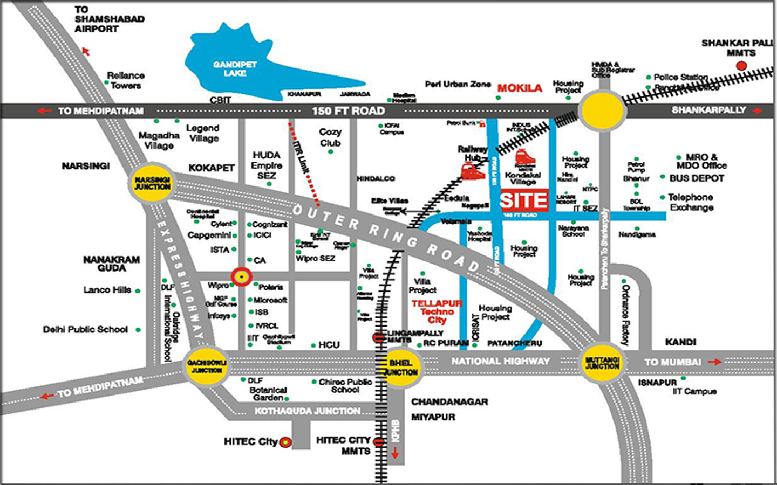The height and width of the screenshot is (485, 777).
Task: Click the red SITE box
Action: tap(524, 200)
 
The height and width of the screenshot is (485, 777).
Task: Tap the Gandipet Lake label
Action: tap(235, 68)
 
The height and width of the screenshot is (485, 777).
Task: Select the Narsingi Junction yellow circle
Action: tap(152, 183)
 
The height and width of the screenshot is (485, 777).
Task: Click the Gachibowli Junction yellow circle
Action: tap(207, 366)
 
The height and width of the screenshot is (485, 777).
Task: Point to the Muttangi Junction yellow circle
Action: tap(602, 363)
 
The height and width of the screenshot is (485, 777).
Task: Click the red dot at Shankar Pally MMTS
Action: tap(741, 66)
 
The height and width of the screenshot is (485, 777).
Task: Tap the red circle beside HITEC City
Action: tap(285, 442)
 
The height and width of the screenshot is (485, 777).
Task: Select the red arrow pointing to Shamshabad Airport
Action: tap(85, 51)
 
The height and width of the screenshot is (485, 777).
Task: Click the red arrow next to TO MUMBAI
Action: tap(715, 362)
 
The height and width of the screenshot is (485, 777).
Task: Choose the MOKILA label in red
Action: tap(520, 88)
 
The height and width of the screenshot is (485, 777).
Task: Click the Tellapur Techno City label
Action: tap(437, 311)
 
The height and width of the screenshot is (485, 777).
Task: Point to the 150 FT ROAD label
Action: tap(348, 111)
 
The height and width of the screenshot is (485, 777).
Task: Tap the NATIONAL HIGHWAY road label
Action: tap(500, 361)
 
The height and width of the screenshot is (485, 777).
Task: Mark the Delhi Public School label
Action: tap(85, 329)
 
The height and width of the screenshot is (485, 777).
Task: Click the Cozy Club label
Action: tap(330, 137)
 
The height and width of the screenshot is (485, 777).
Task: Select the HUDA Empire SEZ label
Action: tap(267, 165)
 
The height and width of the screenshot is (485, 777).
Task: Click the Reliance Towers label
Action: tap(125, 80)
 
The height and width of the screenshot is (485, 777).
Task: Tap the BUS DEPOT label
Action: tap(697, 178)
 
